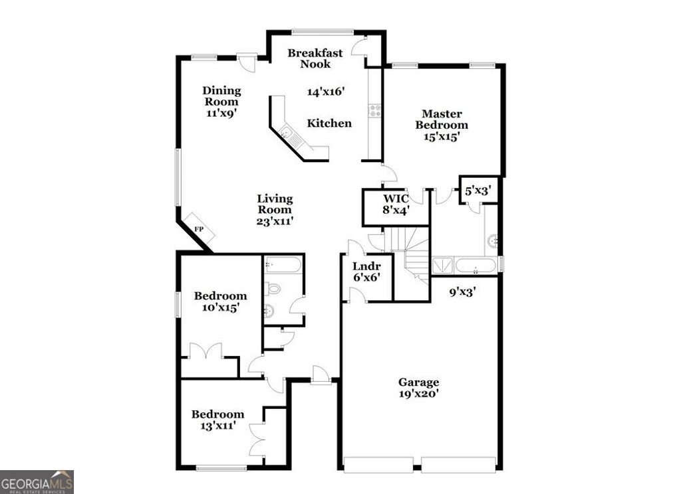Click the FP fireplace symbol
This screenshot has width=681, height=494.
(x=199, y=228)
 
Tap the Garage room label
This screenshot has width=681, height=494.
(x=418, y=382)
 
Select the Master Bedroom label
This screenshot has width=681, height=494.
(x=442, y=120)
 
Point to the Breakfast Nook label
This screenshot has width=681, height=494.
(x=315, y=58)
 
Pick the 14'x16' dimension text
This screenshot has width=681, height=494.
(x=326, y=92)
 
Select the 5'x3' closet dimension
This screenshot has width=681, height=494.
(x=478, y=191)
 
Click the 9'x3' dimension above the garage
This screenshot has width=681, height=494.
(x=463, y=290)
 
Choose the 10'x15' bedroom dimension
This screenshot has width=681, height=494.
(x=220, y=307)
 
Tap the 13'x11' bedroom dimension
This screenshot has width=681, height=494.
(x=217, y=426)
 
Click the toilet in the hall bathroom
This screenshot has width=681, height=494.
(x=273, y=289)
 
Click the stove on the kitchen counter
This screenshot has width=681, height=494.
(x=375, y=110)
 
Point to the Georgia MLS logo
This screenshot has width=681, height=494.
(x=37, y=481)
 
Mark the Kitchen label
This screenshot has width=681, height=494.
(x=329, y=123)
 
